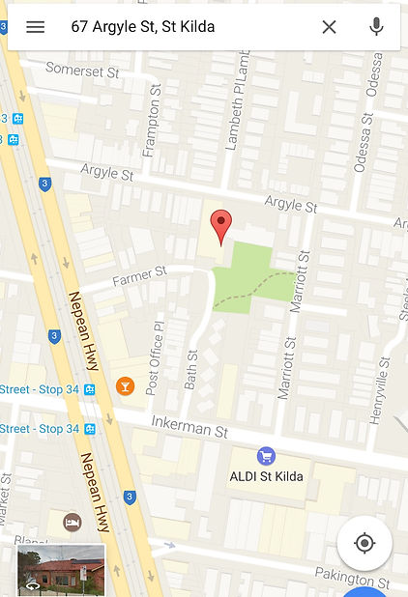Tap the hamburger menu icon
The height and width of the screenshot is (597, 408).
35,27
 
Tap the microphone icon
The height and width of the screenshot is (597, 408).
376,27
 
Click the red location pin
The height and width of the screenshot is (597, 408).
221,226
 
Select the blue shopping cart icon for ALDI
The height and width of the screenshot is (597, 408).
266,456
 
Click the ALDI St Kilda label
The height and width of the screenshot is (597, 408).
266,476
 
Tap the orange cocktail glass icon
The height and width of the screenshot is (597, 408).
125,386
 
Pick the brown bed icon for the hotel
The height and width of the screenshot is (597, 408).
72,523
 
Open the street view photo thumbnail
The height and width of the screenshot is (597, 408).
61,570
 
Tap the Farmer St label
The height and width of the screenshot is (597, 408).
139,278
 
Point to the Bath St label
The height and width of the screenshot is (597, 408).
190,368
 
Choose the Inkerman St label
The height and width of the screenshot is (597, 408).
189,425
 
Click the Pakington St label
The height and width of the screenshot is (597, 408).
352,578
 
